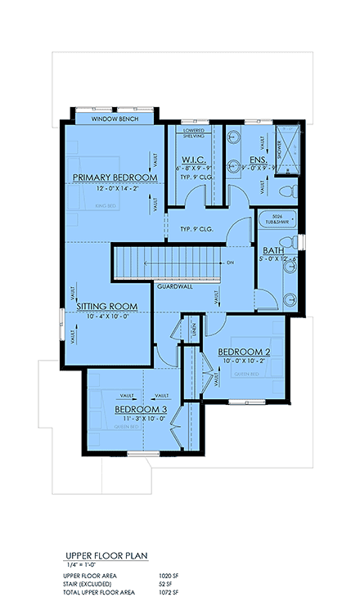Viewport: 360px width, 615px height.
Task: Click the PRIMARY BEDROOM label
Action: point(114,177)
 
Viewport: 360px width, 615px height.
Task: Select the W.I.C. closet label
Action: point(192,160)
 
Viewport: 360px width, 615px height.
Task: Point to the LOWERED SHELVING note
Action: point(194,133)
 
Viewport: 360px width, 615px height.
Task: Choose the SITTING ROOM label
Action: point(107,307)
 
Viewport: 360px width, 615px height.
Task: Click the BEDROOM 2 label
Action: point(244,352)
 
